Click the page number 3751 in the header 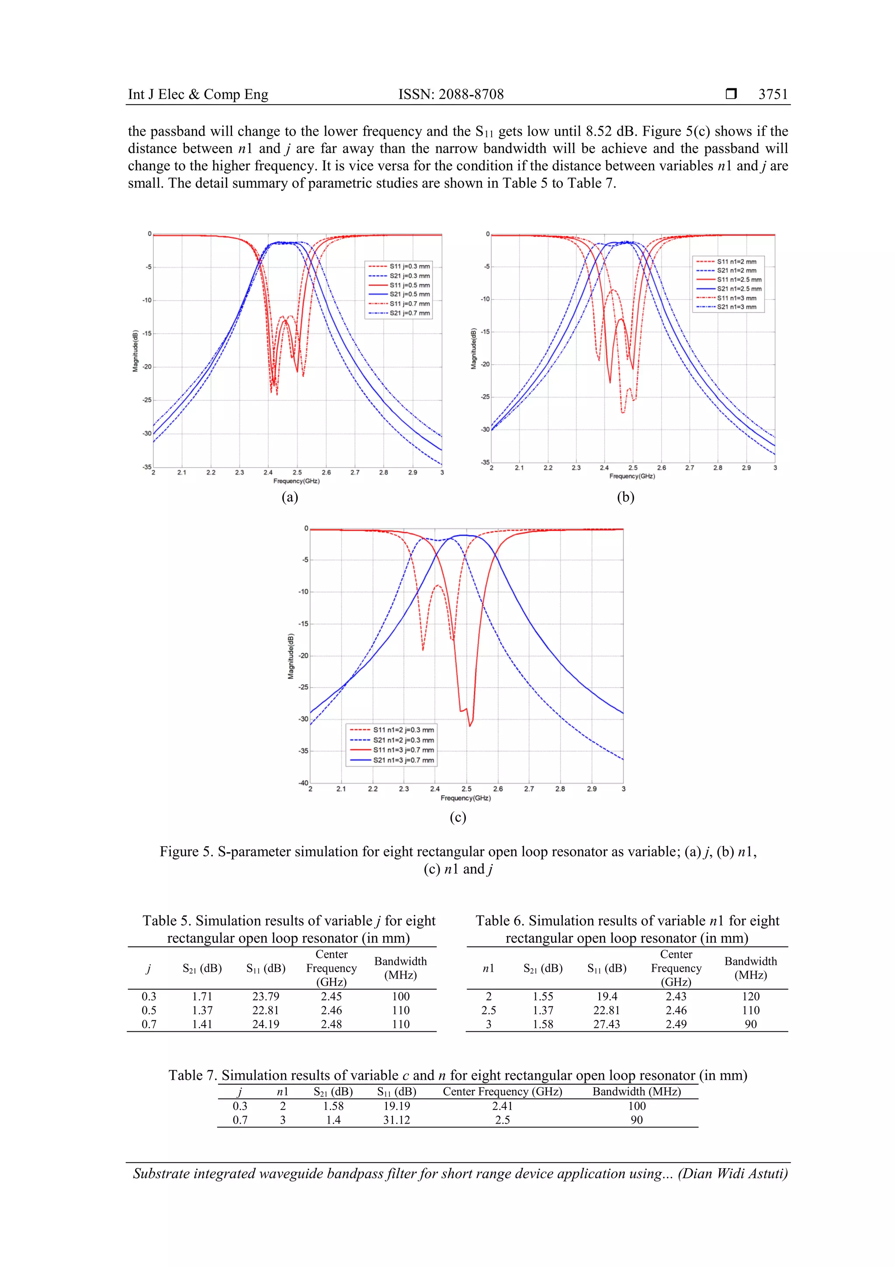[x=773, y=94]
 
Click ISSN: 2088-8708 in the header [x=451, y=94]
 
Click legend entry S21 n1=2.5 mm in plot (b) [x=739, y=289]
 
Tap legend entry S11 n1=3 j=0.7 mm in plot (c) [x=402, y=750]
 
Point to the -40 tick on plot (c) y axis [x=303, y=782]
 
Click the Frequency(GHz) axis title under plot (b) [x=632, y=476]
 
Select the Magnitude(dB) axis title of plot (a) [x=135, y=351]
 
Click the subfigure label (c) [x=458, y=817]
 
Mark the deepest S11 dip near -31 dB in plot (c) [x=470, y=725]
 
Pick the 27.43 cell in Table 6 [x=606, y=1024]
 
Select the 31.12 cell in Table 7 [x=396, y=1120]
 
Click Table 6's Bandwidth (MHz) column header [x=750, y=968]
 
